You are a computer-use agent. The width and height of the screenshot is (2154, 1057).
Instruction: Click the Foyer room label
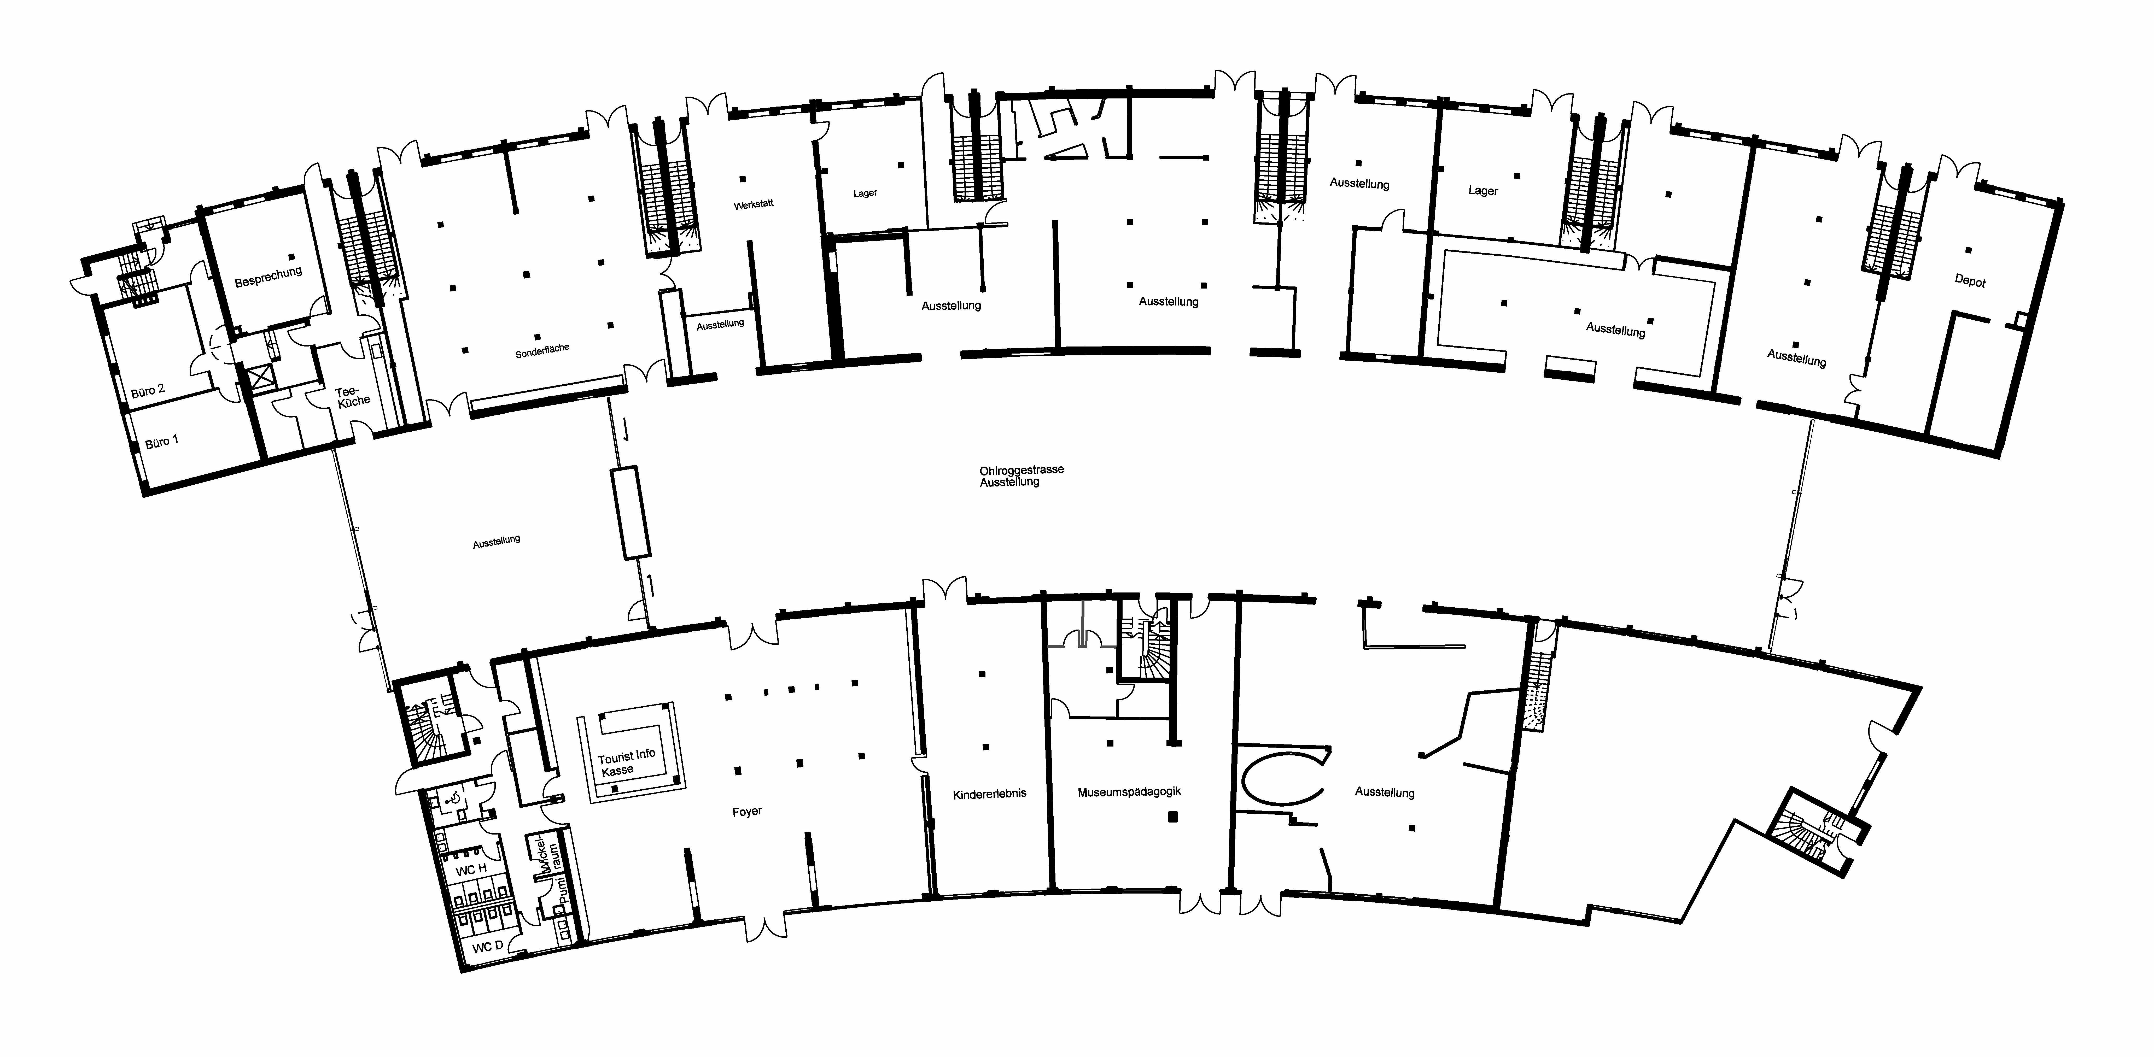click(x=747, y=811)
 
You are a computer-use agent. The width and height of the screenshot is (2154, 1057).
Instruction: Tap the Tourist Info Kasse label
click(x=626, y=762)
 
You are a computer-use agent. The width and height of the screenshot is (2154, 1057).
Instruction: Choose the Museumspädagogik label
click(x=1129, y=791)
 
